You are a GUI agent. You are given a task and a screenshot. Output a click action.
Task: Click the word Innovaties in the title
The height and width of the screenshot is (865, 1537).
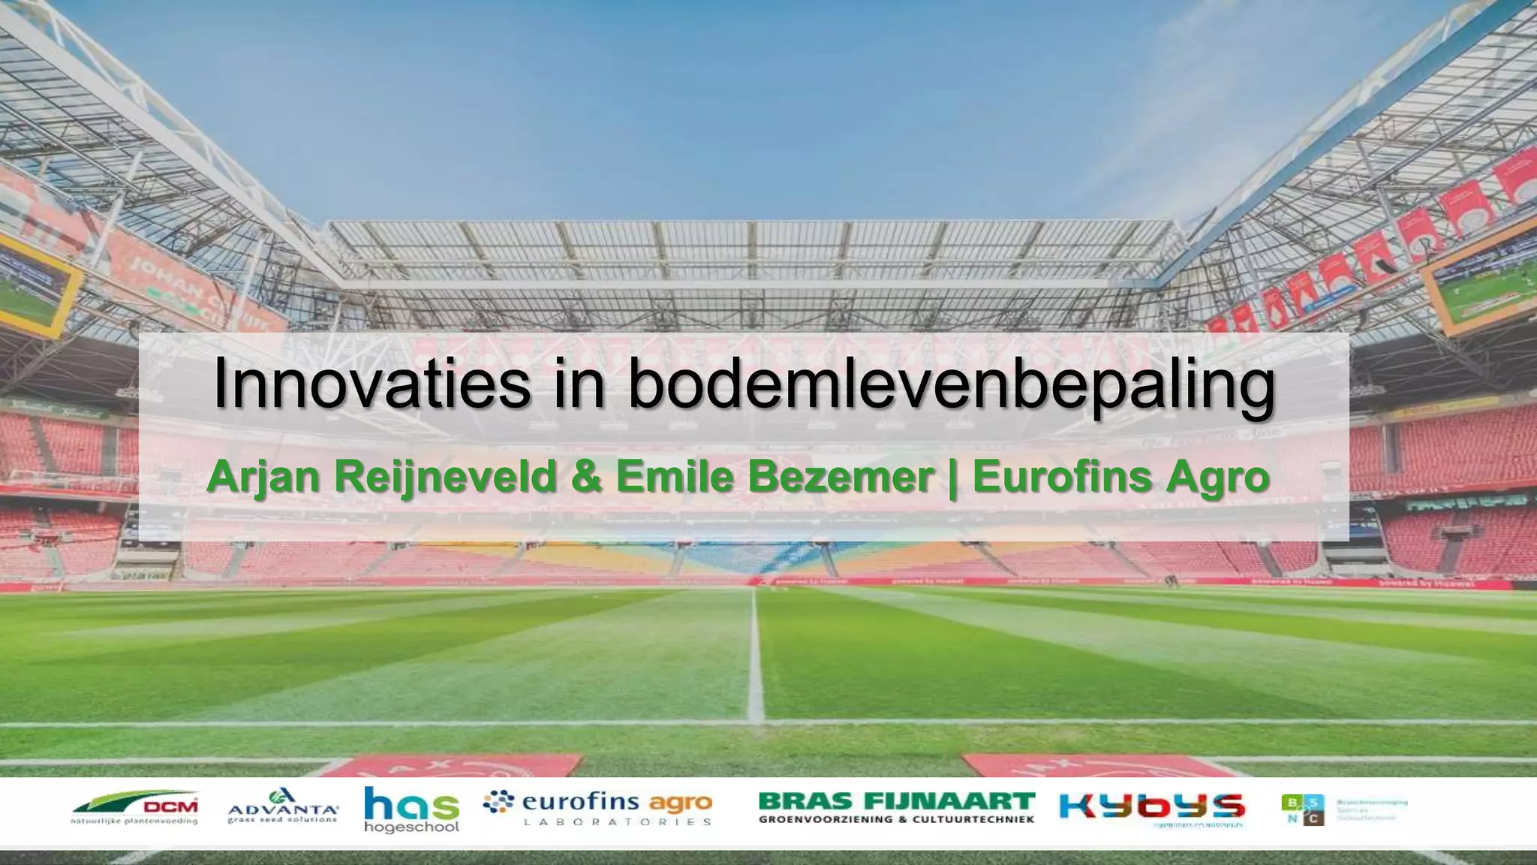[371, 384]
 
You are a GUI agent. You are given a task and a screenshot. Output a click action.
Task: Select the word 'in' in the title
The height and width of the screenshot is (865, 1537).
[577, 384]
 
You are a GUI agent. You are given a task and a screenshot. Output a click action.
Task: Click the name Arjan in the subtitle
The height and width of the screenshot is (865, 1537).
[263, 476]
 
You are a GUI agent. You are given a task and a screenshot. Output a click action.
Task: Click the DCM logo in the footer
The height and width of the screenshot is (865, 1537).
[136, 809]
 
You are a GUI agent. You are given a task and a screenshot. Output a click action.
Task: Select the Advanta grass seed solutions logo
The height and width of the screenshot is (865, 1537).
[283, 806]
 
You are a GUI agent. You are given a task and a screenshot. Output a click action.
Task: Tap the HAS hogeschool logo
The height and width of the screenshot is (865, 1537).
[411, 809]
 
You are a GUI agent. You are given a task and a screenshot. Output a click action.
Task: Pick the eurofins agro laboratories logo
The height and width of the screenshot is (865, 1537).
[597, 808]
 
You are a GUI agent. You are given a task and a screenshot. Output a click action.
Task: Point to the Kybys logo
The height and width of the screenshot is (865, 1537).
[1151, 808]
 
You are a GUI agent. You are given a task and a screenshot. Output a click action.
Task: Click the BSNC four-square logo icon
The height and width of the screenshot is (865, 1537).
[1302, 810]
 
